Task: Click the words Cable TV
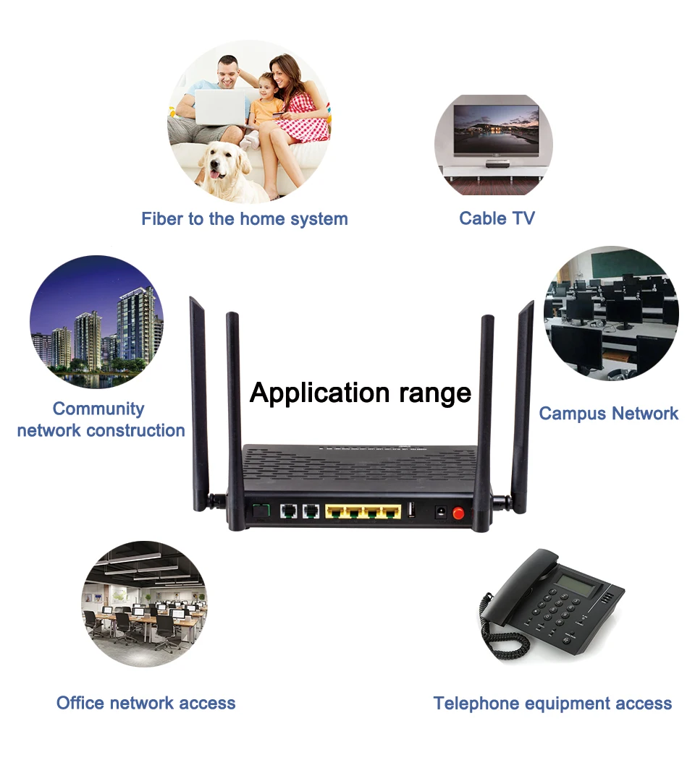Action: [497, 218]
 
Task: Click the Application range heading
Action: [360, 393]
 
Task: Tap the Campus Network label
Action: [608, 414]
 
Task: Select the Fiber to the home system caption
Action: [244, 218]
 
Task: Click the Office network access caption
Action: [146, 702]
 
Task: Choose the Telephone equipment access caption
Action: [552, 703]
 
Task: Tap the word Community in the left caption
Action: [98, 409]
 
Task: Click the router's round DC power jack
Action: [438, 513]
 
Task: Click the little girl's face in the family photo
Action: [266, 84]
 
